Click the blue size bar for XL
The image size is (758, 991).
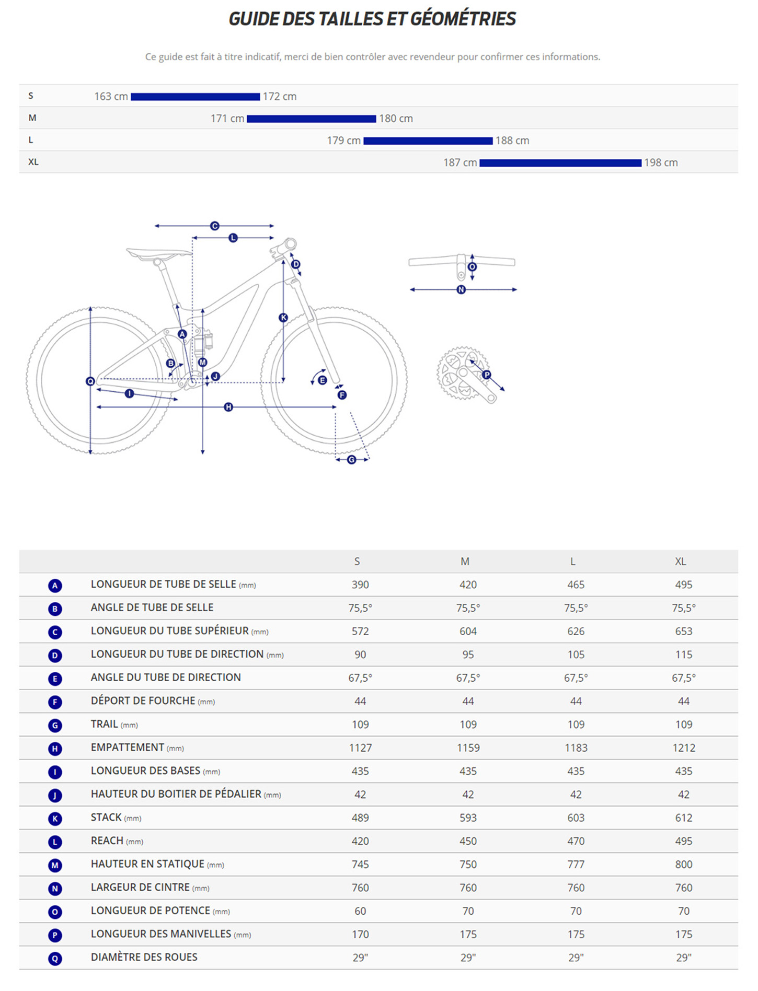tap(560, 163)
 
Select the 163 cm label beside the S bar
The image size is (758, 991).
tap(111, 97)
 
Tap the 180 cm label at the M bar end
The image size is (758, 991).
tap(396, 119)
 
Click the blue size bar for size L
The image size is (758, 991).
tap(428, 141)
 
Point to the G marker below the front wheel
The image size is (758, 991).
tap(352, 460)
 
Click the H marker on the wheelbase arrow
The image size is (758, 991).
tap(228, 407)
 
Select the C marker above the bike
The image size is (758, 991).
tap(214, 226)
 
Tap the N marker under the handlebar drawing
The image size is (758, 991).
tap(461, 289)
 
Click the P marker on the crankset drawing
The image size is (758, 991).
tap(487, 375)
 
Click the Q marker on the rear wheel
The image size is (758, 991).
tap(90, 382)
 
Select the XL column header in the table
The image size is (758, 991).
tap(680, 562)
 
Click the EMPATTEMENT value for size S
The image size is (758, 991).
tap(360, 748)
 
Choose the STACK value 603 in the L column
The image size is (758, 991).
tap(576, 818)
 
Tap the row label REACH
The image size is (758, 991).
tap(107, 841)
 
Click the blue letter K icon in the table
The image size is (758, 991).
tap(55, 819)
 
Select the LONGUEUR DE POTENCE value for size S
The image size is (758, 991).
tap(360, 911)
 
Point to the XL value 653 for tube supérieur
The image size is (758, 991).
tap(683, 632)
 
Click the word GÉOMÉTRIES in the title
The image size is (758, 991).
tap(463, 19)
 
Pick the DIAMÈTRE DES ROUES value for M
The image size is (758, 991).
tap(468, 958)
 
